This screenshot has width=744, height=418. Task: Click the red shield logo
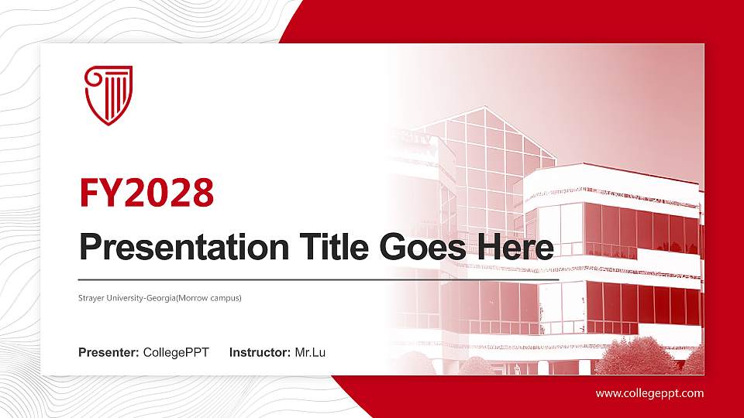coord(108,94)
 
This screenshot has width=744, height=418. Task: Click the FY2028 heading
coord(146,193)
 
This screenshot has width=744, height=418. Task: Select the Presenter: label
coord(108,353)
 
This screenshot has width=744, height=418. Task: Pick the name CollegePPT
coord(176,353)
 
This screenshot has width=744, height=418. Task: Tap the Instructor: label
coord(260,353)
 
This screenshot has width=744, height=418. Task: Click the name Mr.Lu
coord(310,353)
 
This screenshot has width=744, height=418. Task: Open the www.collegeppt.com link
coord(649,393)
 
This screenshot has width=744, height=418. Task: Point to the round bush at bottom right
coord(629,357)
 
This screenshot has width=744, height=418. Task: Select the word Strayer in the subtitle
coord(91,297)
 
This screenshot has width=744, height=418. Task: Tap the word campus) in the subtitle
coord(226,297)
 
